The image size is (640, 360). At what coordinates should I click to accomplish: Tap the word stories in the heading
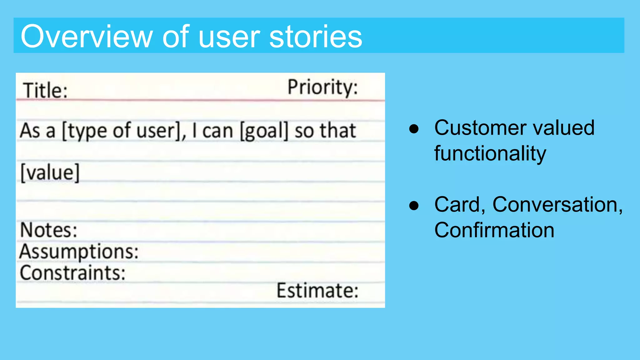(315, 37)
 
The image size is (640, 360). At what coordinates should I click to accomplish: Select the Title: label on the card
(45, 91)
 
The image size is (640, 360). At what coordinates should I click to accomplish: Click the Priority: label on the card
(322, 87)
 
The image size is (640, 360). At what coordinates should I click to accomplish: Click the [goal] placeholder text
(264, 131)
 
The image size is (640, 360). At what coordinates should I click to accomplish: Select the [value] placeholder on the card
(50, 172)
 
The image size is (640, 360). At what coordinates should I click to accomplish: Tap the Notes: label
(48, 230)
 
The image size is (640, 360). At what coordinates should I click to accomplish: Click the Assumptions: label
(79, 252)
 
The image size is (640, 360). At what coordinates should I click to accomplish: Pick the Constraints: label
(72, 273)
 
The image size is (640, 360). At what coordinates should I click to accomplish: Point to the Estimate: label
(317, 291)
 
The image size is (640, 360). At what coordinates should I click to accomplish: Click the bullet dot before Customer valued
(414, 129)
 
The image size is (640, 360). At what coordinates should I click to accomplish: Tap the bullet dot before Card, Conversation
(414, 205)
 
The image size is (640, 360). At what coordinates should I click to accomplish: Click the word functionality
(490, 153)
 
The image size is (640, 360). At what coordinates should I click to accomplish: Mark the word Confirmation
(494, 230)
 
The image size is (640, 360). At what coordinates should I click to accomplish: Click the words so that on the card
(325, 131)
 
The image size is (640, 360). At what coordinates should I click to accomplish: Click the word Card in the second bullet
(457, 205)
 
